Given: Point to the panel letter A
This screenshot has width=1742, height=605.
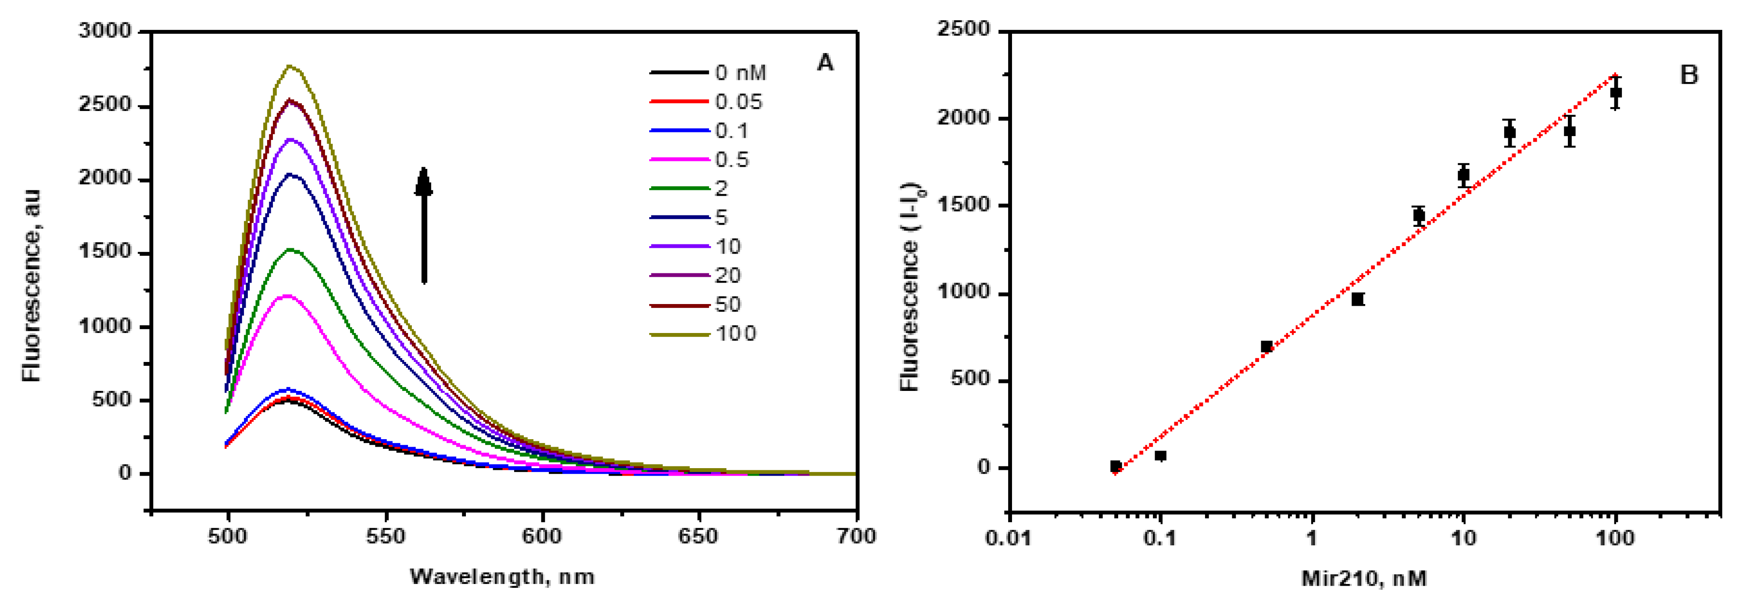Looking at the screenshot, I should pos(825,63).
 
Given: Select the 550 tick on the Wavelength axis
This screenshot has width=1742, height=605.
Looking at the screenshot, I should pos(386,537).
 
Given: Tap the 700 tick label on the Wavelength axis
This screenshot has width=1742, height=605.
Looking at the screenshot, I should pos(856,537).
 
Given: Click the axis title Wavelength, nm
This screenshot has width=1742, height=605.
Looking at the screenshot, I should pos(502,576).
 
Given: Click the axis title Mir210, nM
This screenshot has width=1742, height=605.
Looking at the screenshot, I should pos(1364,578).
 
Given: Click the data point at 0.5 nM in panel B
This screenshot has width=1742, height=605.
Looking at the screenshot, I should pos(1266,347).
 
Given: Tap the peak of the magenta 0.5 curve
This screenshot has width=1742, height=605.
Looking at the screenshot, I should pos(287,295).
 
